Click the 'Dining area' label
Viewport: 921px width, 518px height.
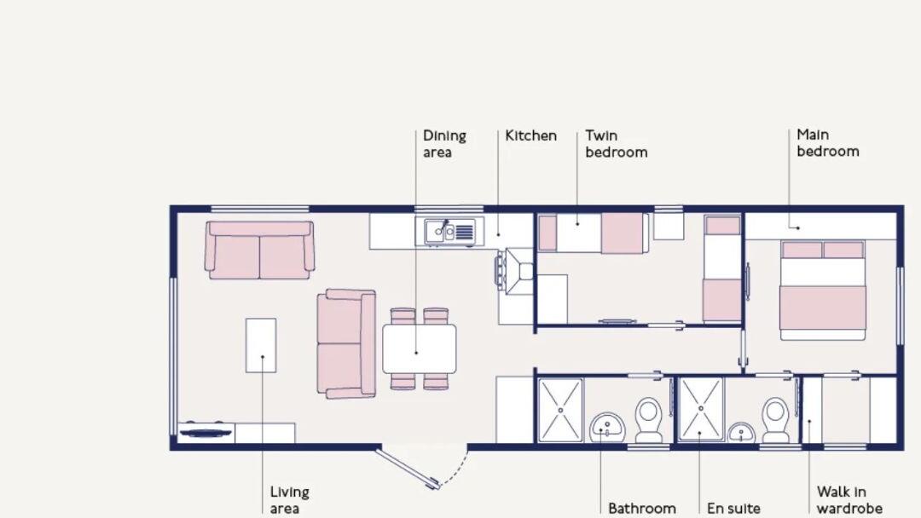click(x=444, y=144)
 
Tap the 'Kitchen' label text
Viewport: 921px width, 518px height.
click(x=530, y=135)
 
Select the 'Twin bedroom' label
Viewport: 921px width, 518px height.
click(x=616, y=144)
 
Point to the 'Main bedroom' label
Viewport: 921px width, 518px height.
click(x=827, y=143)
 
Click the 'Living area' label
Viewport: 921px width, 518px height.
click(x=289, y=500)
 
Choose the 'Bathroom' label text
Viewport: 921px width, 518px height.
click(x=641, y=508)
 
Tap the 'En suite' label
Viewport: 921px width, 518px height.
click(x=733, y=508)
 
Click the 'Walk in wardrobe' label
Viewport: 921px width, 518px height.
click(x=848, y=500)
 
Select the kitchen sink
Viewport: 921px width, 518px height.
click(x=449, y=231)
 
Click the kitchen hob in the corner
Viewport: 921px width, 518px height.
click(x=517, y=272)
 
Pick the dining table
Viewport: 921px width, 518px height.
click(x=419, y=348)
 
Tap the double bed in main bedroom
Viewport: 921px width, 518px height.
click(x=823, y=291)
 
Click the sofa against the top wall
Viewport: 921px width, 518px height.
click(x=260, y=250)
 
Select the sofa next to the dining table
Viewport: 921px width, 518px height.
click(x=346, y=343)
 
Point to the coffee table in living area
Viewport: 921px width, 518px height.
click(x=261, y=345)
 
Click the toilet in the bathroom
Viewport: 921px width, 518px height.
click(x=649, y=419)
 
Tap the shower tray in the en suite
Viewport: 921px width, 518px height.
click(x=700, y=410)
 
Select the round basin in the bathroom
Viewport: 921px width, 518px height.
click(x=608, y=424)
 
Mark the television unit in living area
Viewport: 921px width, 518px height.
click(x=205, y=431)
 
